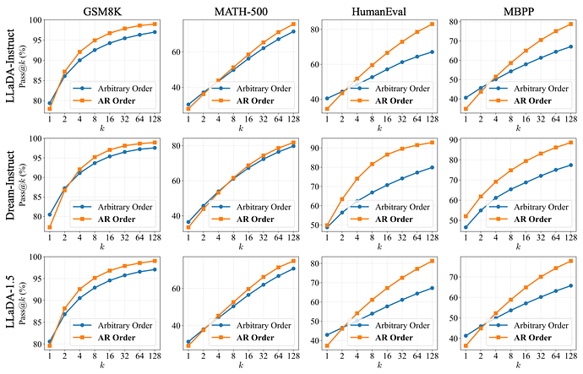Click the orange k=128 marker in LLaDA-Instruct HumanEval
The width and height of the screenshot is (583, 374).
(x=431, y=24)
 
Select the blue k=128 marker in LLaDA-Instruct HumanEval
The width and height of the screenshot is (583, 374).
(x=431, y=51)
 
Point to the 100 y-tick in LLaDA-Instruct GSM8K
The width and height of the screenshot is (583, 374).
(x=35, y=19)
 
